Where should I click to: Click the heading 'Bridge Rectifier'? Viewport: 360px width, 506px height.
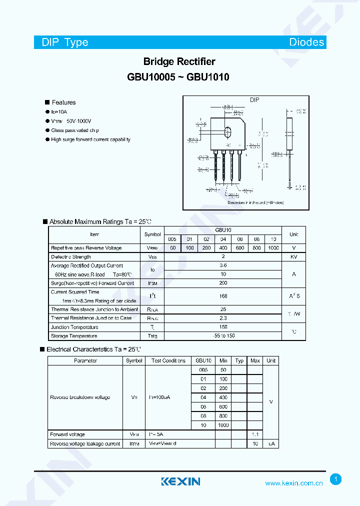click(179, 61)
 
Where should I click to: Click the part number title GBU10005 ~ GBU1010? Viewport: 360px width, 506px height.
click(179, 77)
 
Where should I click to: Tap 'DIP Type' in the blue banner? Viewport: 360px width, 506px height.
click(64, 42)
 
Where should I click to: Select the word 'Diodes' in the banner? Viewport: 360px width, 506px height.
click(306, 42)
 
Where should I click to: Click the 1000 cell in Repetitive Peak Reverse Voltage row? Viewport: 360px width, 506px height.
click(273, 248)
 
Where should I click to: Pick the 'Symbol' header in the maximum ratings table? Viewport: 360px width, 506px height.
click(152, 234)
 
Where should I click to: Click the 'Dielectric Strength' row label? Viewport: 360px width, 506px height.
click(71, 257)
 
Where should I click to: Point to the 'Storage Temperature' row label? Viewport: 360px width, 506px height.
click(74, 336)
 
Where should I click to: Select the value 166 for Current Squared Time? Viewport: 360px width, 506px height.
click(223, 296)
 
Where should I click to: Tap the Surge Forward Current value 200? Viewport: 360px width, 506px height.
click(223, 283)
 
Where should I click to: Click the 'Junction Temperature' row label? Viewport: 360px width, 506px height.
click(74, 327)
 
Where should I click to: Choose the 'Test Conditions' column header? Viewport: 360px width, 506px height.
click(168, 360)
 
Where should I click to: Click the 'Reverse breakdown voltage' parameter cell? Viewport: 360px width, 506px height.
click(80, 397)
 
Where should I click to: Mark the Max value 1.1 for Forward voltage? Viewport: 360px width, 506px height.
click(255, 434)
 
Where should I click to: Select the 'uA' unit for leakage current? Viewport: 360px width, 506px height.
click(271, 444)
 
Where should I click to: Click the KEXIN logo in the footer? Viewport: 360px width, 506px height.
click(180, 481)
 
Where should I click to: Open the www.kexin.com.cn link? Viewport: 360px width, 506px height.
click(293, 483)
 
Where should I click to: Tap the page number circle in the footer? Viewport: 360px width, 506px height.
click(336, 479)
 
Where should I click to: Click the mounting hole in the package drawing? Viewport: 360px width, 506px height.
click(228, 133)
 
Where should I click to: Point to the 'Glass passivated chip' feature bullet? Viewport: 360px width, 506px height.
click(74, 130)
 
